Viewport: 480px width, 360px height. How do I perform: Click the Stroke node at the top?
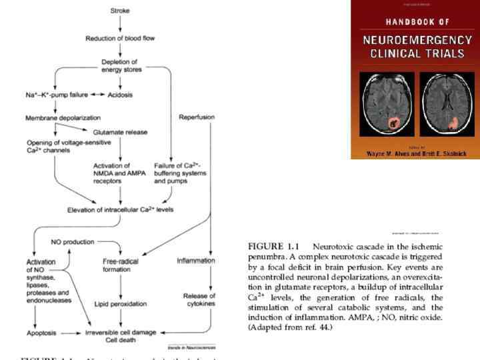[120, 11]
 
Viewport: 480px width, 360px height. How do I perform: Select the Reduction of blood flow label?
[120, 38]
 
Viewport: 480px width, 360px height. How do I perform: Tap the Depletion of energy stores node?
[120, 65]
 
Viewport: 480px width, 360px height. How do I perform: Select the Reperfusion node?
[195, 117]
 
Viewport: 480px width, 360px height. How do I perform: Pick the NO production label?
[73, 241]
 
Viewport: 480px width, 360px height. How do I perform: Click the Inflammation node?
[196, 260]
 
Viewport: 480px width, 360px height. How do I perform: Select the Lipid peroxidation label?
[120, 303]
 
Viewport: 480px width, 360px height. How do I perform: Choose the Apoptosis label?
[42, 331]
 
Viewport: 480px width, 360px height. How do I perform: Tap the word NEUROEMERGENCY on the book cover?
[417, 39]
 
